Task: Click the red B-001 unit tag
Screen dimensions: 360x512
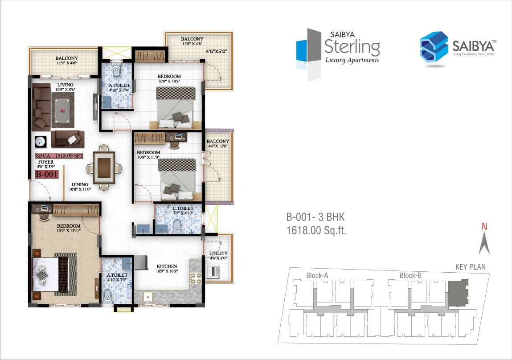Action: tap(47, 174)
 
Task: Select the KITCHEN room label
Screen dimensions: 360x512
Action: tap(167, 266)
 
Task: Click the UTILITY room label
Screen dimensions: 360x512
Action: tap(218, 254)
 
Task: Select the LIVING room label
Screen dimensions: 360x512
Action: tap(65, 84)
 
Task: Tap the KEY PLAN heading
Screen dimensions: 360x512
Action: tap(470, 267)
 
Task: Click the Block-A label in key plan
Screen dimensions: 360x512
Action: tap(317, 275)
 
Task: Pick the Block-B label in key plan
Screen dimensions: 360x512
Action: tap(410, 275)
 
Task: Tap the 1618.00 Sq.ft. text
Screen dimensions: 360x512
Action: tap(316, 230)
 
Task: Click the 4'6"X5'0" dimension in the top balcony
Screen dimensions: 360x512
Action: tap(217, 51)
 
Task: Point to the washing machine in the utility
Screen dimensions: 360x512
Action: tap(213, 271)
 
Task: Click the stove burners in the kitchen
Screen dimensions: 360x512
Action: tap(195, 278)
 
